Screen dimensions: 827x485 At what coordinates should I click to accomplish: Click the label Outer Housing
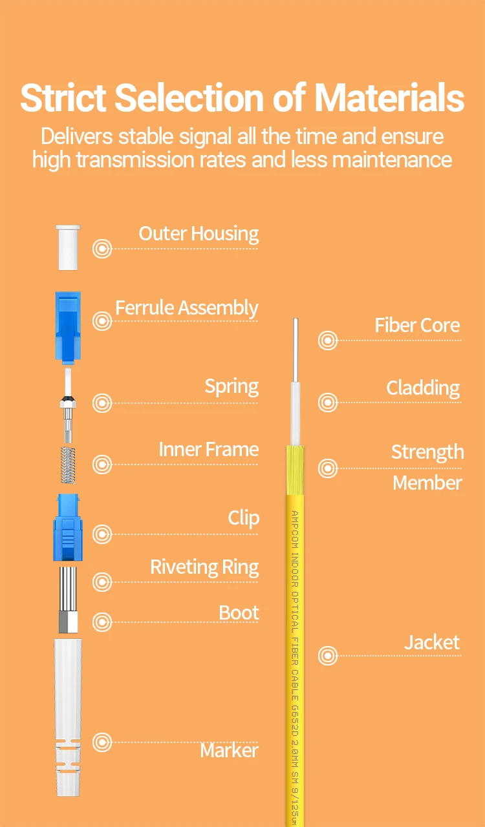click(x=199, y=234)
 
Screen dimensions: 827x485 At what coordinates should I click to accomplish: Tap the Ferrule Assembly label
click(x=186, y=308)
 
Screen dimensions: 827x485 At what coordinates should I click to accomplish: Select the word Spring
click(x=232, y=386)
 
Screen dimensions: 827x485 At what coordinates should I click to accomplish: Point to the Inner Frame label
click(x=208, y=450)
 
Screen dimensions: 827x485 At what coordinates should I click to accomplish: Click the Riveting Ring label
click(x=204, y=567)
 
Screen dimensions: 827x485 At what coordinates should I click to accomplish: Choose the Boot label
click(x=239, y=612)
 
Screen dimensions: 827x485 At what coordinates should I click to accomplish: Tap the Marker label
click(x=229, y=751)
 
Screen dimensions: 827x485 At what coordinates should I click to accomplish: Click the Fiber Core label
click(x=417, y=326)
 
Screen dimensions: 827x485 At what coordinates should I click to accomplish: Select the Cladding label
click(x=423, y=388)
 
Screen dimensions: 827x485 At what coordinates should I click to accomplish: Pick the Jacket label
click(x=432, y=642)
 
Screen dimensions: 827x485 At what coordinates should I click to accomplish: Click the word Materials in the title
click(x=389, y=98)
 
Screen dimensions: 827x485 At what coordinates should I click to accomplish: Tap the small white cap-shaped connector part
click(x=68, y=247)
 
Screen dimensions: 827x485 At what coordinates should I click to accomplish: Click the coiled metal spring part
click(x=69, y=464)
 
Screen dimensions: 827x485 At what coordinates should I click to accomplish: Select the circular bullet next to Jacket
click(x=328, y=656)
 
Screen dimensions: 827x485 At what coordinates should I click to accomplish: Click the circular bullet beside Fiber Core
click(x=328, y=340)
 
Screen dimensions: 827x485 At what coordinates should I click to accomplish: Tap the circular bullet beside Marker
click(x=102, y=742)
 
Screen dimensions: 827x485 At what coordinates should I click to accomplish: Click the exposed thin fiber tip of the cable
click(x=296, y=349)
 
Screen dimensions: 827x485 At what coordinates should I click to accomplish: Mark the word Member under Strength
click(x=427, y=483)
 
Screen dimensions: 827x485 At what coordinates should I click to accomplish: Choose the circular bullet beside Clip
click(x=102, y=534)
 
